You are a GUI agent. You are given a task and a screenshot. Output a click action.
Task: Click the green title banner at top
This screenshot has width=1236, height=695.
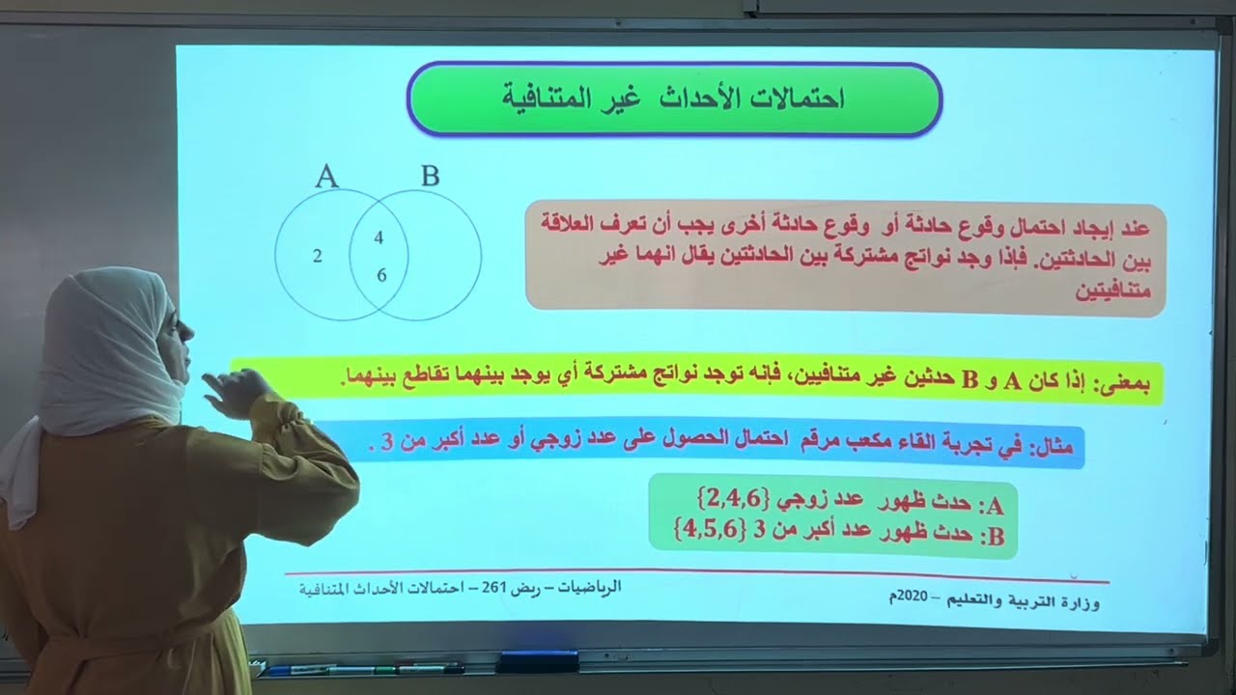point(674,98)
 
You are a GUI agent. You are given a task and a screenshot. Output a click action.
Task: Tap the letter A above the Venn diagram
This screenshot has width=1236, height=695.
point(326,176)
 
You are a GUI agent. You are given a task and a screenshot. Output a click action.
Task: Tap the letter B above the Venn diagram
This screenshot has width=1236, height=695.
point(430,176)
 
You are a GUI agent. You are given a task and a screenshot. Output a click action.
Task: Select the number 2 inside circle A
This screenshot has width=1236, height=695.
point(318,256)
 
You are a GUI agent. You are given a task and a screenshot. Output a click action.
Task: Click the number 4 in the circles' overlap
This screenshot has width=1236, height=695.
point(379,237)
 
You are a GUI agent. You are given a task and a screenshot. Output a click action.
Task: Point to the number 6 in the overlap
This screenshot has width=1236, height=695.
point(380,275)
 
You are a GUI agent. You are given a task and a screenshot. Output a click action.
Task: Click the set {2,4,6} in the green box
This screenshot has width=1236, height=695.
point(734,499)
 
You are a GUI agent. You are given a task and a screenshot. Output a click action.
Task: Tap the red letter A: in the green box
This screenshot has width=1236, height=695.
point(992,504)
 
